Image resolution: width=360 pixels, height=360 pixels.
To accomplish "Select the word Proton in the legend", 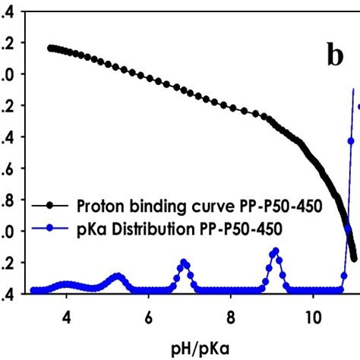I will tap(98, 205).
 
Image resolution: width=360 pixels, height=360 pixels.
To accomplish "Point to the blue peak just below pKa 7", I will tap(184, 262).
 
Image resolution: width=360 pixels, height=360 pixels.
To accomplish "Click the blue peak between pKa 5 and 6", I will tap(117, 276).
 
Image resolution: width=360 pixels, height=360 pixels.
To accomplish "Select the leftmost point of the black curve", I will tap(50, 47).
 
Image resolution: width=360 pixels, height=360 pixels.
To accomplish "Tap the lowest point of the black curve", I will tap(354, 259).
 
